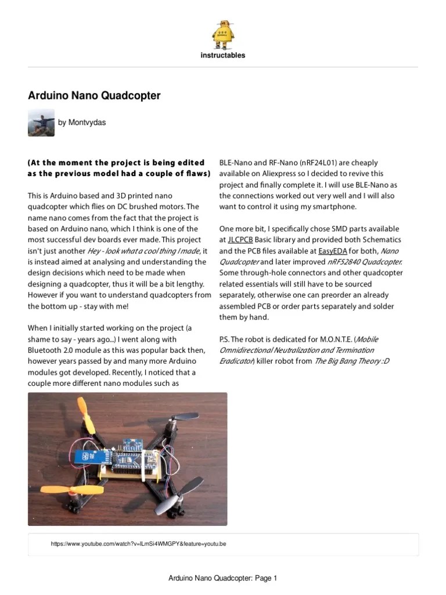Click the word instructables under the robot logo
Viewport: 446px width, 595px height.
223,56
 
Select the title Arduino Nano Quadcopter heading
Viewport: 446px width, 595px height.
94,95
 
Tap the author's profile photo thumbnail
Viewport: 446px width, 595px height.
41,123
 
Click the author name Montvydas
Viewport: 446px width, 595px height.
87,123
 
